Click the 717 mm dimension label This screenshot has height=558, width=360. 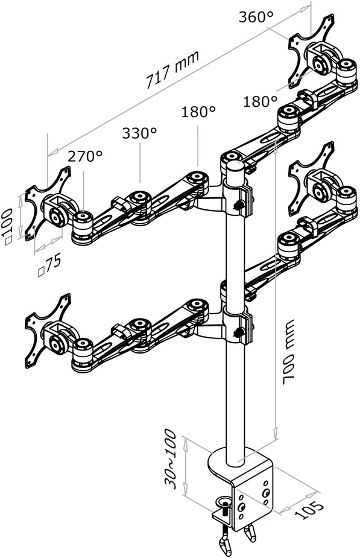coord(172,70)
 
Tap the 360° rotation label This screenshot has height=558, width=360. coord(256,17)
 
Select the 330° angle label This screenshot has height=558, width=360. coord(139,133)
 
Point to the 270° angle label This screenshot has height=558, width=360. coord(85,156)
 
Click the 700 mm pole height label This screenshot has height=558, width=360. coord(288,352)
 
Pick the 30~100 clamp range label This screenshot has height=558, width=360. coord(171,459)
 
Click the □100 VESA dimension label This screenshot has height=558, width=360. coord(8,226)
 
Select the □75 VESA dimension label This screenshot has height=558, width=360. coord(49,265)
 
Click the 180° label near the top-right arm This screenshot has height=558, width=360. coord(261,102)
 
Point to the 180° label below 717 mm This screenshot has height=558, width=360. coord(198,112)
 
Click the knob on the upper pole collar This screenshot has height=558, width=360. coord(238,205)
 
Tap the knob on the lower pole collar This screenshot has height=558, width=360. coord(238,333)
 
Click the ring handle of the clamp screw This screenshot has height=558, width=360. coord(224,503)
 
